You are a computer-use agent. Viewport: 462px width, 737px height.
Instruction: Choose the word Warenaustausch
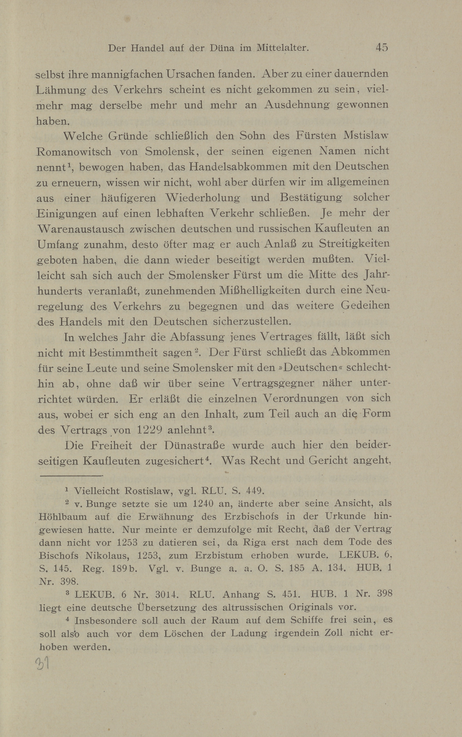(x=81, y=229)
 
